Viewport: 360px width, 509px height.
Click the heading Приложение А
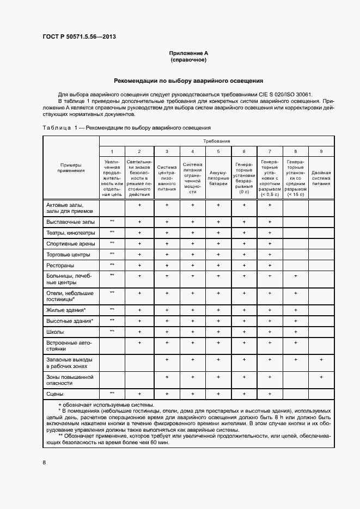[188, 53]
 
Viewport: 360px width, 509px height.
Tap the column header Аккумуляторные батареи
[218, 178]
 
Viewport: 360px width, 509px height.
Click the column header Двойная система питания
[321, 178]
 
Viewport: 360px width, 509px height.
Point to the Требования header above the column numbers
[217, 140]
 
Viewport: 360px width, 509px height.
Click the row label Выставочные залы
[70, 222]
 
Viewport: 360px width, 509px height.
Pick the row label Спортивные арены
[71, 244]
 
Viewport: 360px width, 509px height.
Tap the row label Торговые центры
[69, 254]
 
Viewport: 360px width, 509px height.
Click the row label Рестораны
[60, 265]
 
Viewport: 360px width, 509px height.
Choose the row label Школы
[55, 332]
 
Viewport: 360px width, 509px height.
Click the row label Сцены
[54, 393]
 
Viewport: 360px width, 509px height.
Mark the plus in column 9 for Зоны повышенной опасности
[321, 377]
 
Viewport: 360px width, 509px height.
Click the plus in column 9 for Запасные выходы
[321, 360]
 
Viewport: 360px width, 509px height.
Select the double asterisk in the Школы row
[112, 331]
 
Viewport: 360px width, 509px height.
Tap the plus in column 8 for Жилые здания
[295, 310]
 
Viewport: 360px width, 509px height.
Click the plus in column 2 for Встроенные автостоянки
[139, 342]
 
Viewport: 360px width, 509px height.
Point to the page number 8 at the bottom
[45, 463]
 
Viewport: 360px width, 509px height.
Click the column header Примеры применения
[71, 168]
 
